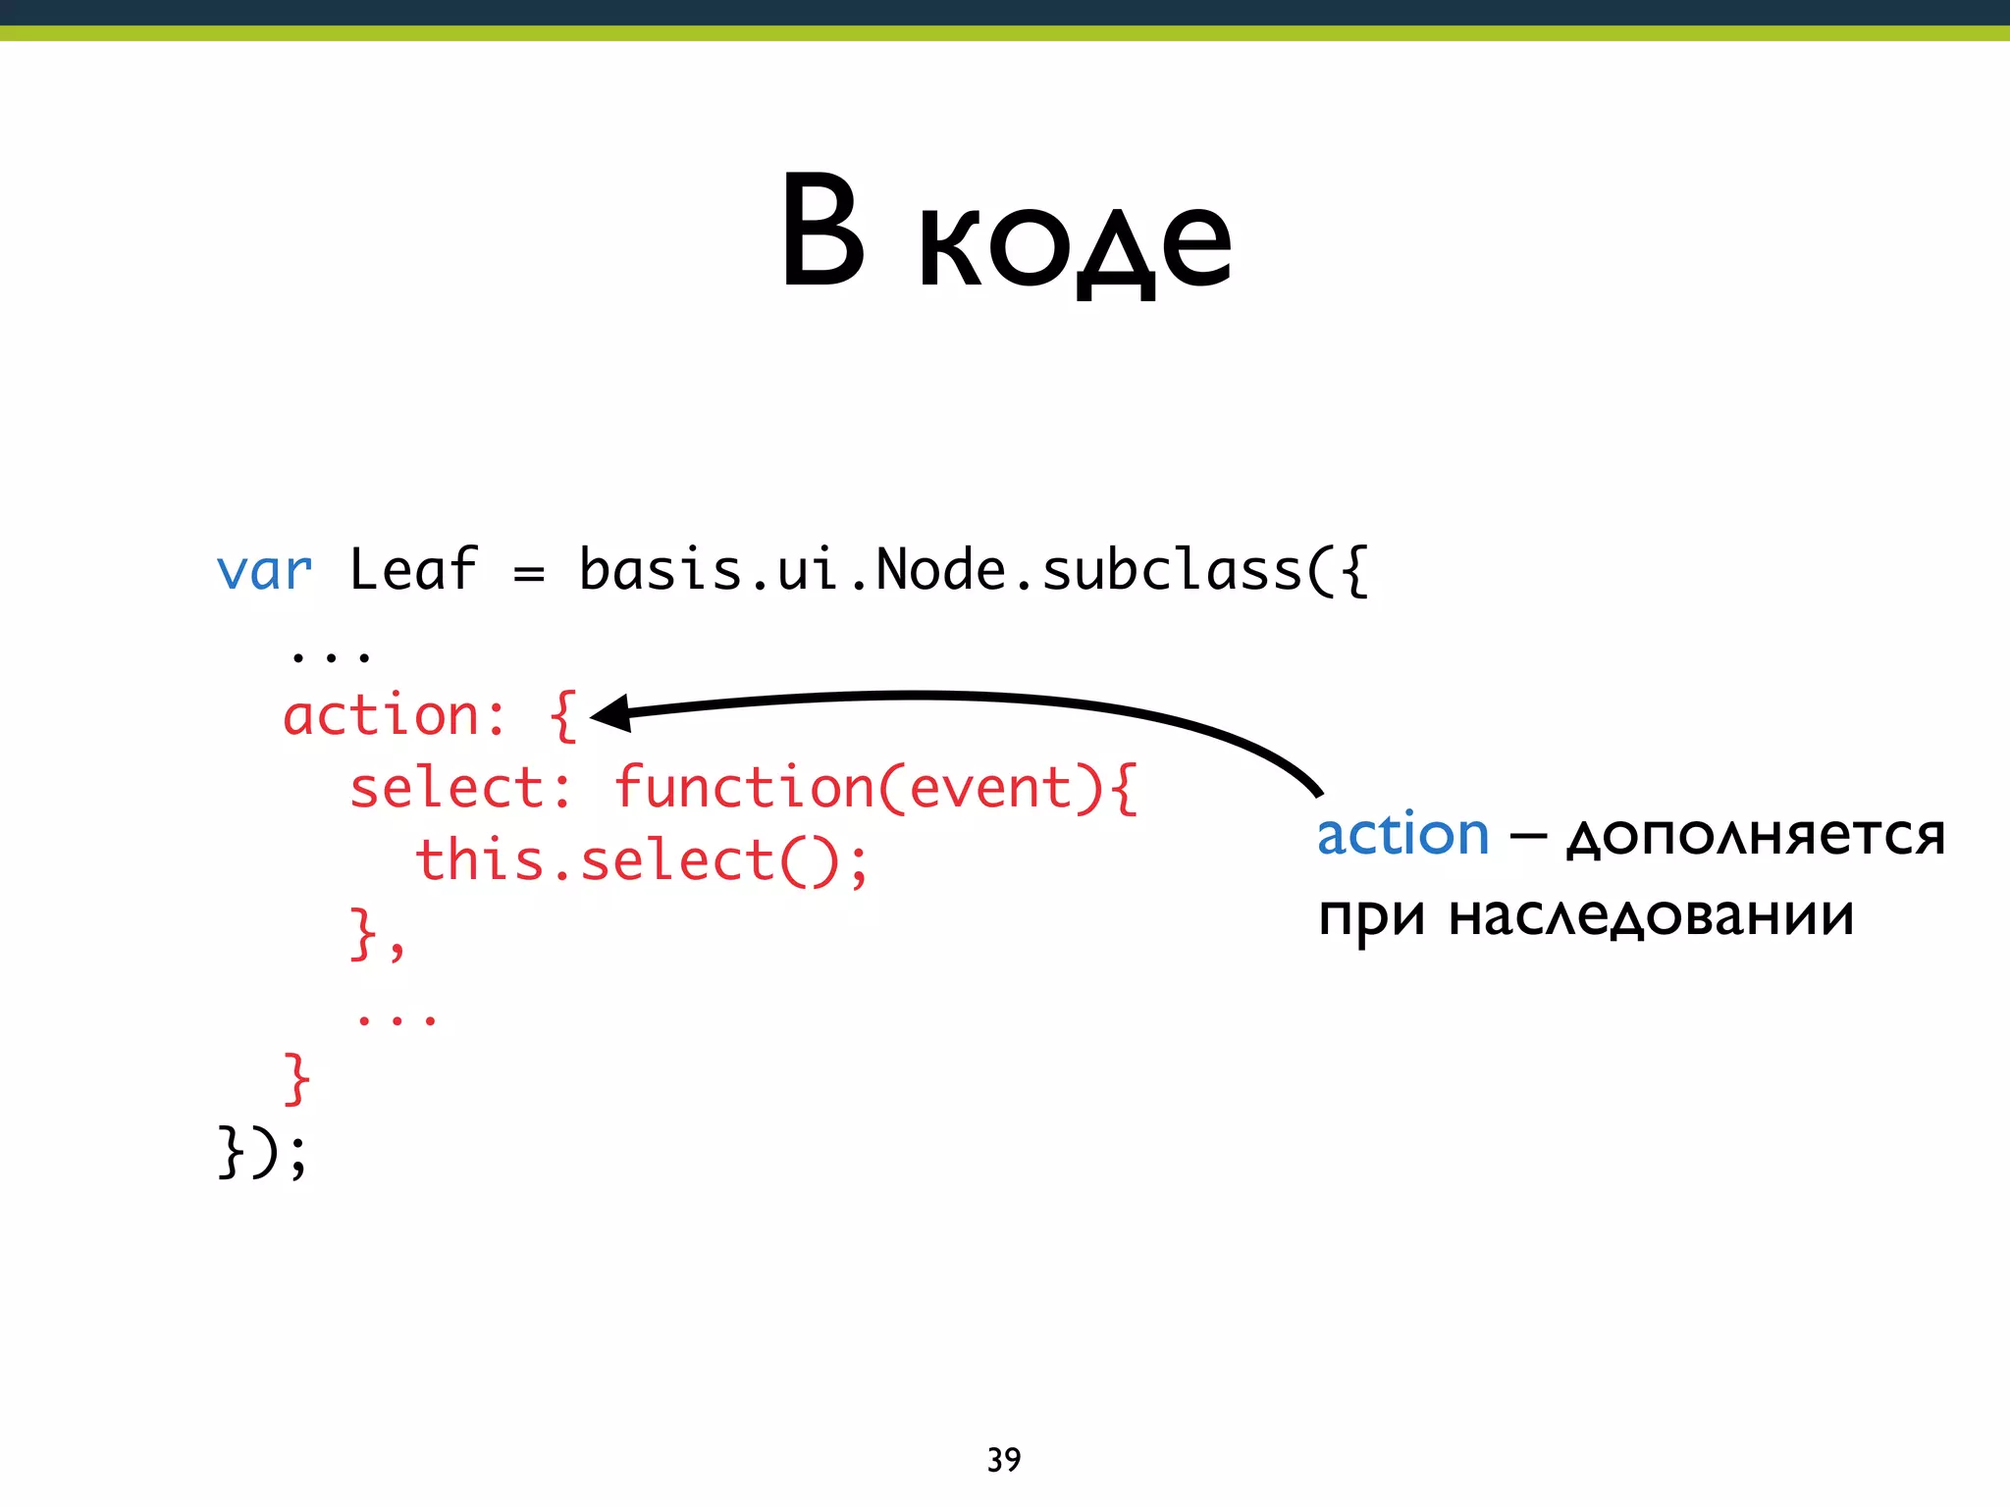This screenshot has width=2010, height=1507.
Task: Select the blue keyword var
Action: point(264,572)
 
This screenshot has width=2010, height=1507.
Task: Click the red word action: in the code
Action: point(395,715)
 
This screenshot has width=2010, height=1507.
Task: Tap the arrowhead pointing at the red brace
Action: point(610,713)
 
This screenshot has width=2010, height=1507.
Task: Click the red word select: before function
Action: point(460,788)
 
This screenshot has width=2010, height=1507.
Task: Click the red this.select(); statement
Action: point(642,860)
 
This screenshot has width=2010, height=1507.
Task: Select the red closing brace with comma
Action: point(377,934)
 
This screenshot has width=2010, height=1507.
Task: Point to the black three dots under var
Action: point(330,654)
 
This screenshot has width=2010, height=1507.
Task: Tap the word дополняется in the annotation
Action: point(1755,837)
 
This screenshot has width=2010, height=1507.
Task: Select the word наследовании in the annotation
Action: point(1651,917)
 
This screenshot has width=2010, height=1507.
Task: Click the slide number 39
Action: point(1004,1460)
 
